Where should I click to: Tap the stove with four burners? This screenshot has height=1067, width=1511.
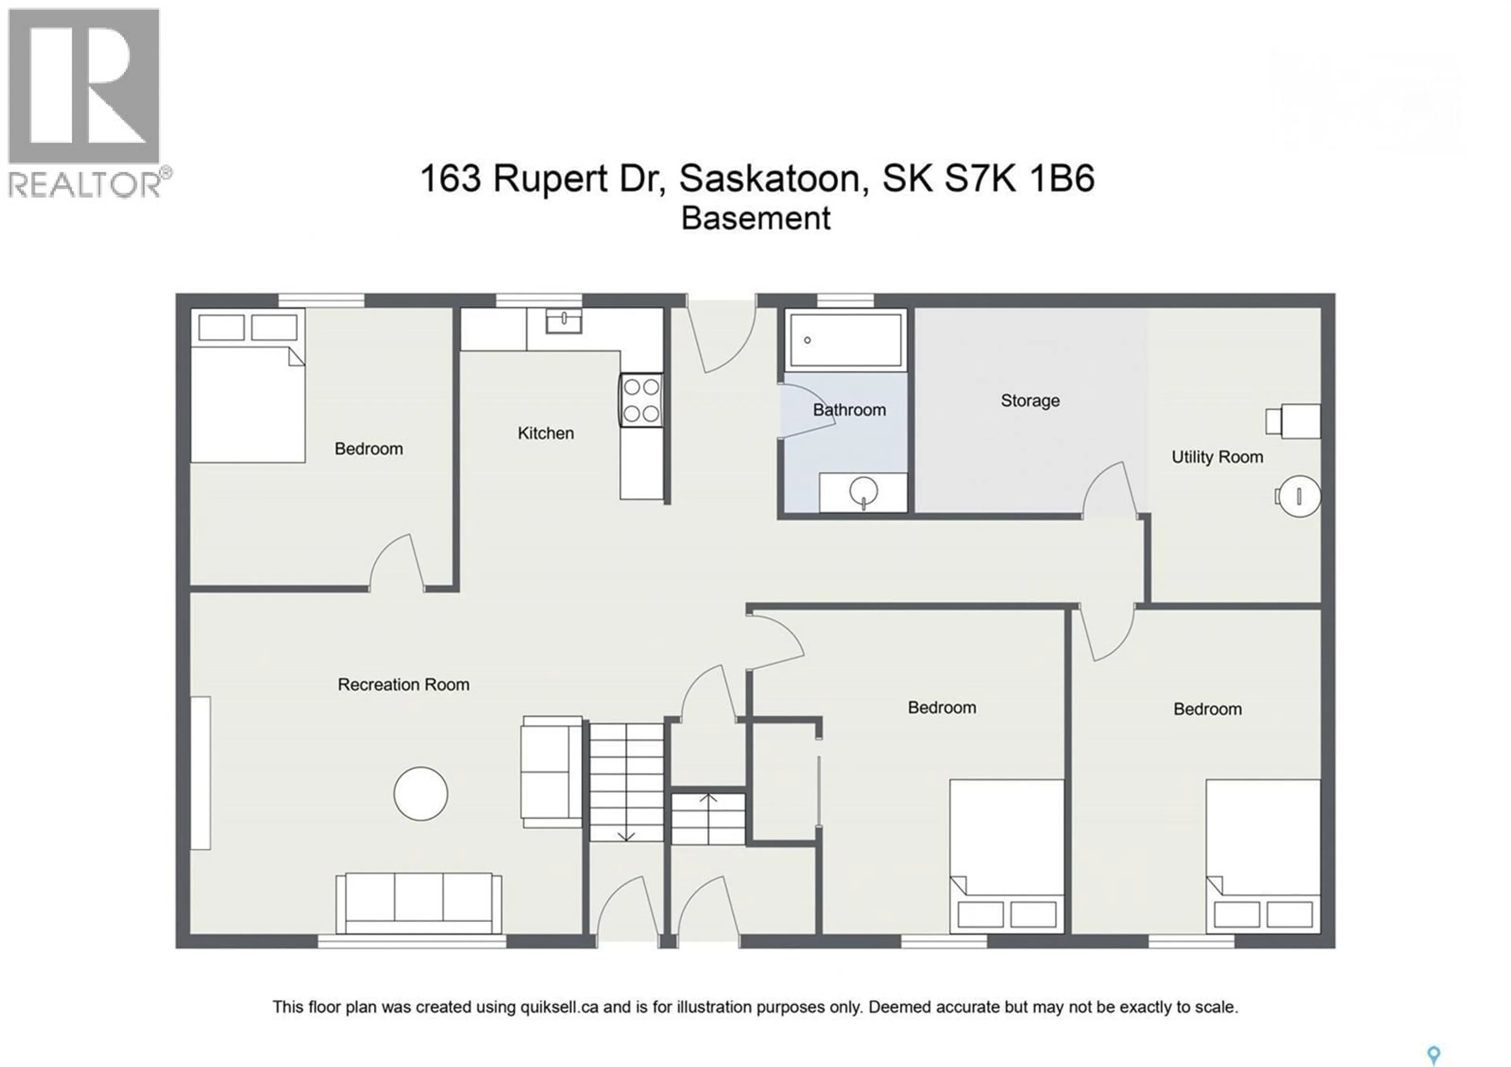click(641, 400)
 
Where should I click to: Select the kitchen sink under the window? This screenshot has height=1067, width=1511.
click(564, 322)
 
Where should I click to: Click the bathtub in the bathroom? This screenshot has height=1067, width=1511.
click(845, 340)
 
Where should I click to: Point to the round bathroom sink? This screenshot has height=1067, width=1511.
click(863, 490)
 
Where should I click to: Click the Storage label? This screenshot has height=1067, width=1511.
click(1029, 401)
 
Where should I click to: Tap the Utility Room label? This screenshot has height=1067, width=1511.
click(1216, 457)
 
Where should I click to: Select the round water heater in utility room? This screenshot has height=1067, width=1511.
click(1299, 496)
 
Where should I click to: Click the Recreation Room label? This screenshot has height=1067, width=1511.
click(403, 685)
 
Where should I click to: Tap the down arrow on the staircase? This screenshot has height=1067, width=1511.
click(626, 835)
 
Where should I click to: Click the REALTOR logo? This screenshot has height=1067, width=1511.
click(85, 102)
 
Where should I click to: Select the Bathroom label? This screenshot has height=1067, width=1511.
click(849, 410)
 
